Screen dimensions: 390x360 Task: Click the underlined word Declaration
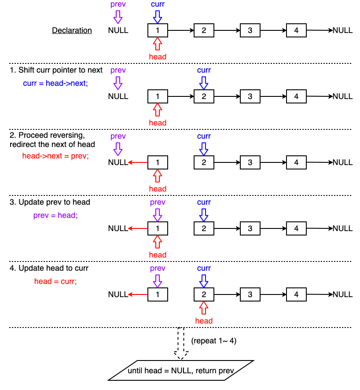click(72, 30)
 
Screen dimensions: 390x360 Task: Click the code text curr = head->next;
click(55, 83)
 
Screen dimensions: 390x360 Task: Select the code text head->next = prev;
click(55, 155)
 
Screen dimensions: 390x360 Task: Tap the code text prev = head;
click(55, 216)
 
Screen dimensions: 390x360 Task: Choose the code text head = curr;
click(55, 281)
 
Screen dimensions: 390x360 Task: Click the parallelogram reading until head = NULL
click(181, 371)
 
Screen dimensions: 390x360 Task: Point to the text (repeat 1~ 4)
click(214, 341)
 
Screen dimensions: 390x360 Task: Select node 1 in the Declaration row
click(158, 30)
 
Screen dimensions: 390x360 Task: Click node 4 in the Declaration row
click(296, 30)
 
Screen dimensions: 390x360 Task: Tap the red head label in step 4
click(204, 321)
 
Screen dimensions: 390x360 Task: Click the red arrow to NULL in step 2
click(138, 162)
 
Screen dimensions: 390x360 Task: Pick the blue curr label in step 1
click(204, 70)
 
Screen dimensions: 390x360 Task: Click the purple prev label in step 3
click(158, 202)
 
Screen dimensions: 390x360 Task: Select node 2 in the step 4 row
click(204, 294)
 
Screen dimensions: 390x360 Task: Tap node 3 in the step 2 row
click(250, 162)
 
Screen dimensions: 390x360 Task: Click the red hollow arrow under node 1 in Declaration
click(158, 44)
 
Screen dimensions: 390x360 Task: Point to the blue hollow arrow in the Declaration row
click(158, 17)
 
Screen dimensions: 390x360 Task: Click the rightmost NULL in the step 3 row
click(342, 228)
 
